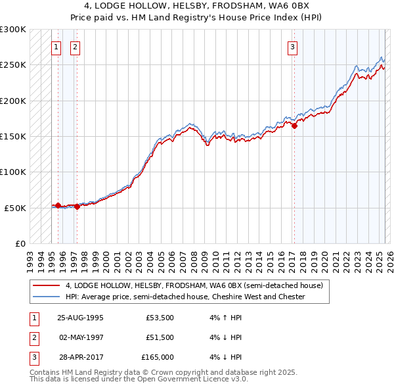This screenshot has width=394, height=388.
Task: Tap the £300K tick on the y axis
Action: pos(13,30)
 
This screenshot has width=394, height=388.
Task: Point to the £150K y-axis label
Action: pos(13,137)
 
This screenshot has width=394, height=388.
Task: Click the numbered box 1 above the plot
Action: pos(56,47)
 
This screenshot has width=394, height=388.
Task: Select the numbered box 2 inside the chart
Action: pos(76,47)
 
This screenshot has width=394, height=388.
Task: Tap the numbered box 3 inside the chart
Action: pos(292,47)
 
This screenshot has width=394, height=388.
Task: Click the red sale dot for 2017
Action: pos(294,126)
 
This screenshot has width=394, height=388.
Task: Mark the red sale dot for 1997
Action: pos(77,206)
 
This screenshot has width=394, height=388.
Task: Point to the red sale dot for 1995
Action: pos(58,205)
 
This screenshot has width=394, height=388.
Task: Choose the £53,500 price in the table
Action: pos(160,318)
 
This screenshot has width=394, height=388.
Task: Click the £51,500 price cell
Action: pos(160,337)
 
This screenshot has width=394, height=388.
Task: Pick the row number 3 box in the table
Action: pos(33,357)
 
